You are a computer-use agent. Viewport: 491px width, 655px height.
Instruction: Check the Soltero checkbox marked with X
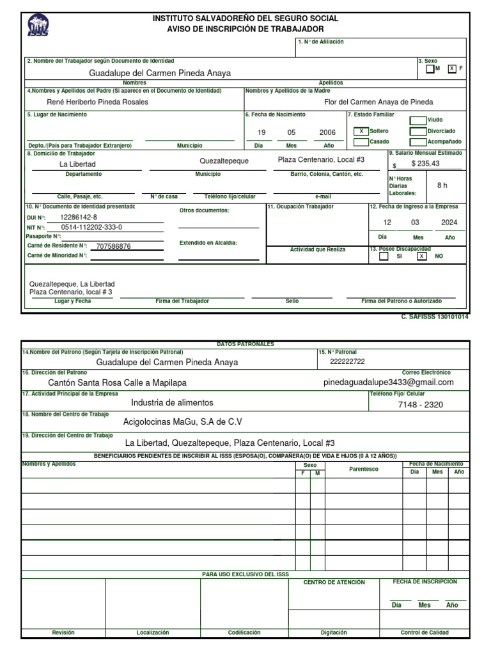[x=361, y=131]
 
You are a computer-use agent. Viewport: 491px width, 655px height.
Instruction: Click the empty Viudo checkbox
[x=417, y=120]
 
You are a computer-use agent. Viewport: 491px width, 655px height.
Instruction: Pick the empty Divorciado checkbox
[x=417, y=131]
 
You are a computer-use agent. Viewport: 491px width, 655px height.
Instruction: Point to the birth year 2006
[x=327, y=132]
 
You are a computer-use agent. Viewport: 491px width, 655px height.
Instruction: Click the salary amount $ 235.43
[x=426, y=164]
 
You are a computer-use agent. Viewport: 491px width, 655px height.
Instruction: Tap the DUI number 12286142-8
[x=79, y=217]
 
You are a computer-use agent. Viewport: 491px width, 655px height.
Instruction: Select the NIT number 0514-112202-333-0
[x=91, y=227]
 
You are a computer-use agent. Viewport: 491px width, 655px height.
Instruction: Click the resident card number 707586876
[x=113, y=246]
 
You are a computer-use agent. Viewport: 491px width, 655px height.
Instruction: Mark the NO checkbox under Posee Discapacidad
[x=421, y=256]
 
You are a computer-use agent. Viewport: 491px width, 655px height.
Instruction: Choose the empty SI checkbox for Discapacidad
[x=384, y=256]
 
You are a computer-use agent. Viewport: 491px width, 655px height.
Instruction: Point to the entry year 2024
[x=449, y=223]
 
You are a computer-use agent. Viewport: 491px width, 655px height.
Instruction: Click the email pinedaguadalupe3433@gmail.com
[x=389, y=382]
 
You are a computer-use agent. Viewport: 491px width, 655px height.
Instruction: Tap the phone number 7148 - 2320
[x=420, y=405]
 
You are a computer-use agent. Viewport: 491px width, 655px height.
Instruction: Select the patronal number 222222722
[x=348, y=361]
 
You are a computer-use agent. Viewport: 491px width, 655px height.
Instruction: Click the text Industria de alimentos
[x=172, y=403]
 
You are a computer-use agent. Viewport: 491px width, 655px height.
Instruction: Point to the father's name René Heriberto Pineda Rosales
[x=98, y=102]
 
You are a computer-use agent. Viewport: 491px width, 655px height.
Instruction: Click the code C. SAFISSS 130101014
[x=435, y=317]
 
